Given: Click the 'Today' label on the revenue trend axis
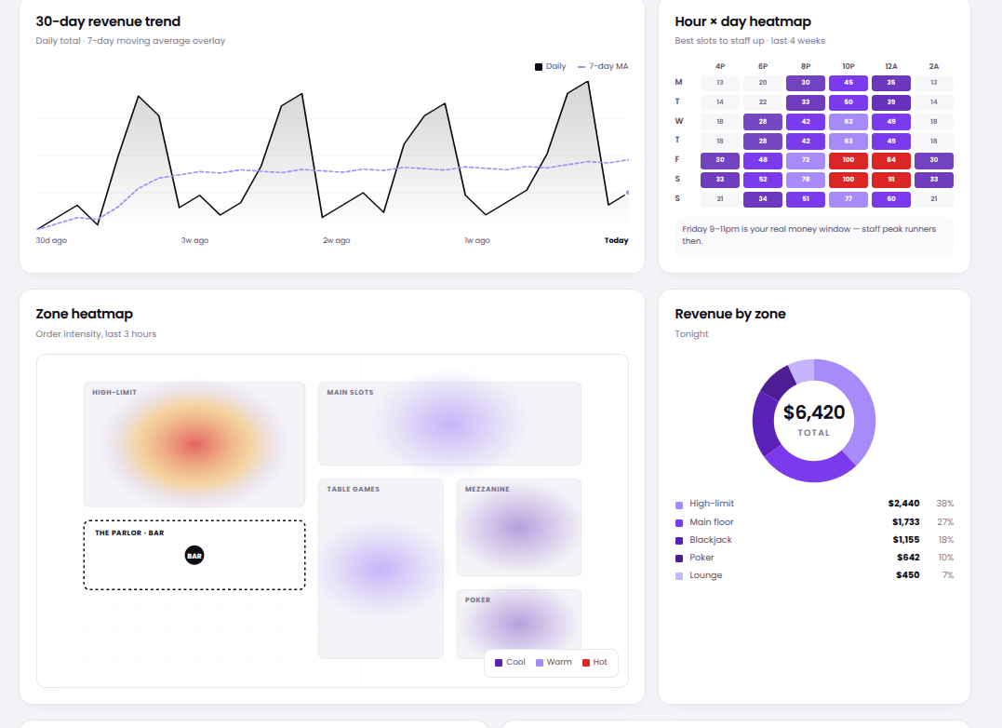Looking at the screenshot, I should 616,240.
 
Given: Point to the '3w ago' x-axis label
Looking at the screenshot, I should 194,240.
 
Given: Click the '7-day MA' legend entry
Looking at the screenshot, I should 603,66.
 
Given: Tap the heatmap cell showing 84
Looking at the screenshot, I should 890,160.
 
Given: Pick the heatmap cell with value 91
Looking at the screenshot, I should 890,180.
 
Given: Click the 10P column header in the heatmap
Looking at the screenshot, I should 848,66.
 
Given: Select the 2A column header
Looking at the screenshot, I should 933,66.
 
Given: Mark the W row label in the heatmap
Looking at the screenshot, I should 678,121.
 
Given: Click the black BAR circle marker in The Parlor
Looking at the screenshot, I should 194,556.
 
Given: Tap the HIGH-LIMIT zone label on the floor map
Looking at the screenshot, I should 114,393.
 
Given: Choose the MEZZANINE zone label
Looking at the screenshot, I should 488,490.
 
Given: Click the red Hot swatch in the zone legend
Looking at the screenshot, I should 586,663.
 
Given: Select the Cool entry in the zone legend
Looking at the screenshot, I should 510,662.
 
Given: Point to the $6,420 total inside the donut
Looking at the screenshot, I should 814,411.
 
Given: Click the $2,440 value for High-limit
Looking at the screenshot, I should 903,504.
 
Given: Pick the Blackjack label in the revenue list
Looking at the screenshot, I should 710,540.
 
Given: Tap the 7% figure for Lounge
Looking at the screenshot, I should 947,575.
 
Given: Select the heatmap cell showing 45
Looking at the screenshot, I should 848,83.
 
